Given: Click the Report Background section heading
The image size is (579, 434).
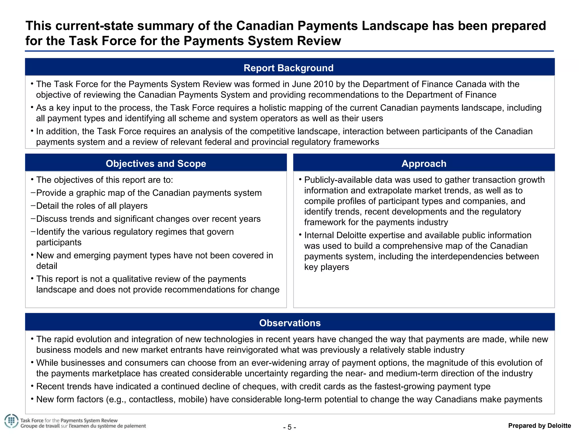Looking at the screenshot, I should tap(288, 68).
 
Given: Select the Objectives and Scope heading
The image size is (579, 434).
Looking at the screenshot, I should tap(156, 164).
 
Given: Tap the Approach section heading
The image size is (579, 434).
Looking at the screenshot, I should tap(424, 164).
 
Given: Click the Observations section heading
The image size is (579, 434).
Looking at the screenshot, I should tap(290, 323).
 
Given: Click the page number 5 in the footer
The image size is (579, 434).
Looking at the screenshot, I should tap(289, 427).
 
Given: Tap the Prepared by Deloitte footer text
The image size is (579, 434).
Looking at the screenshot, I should tap(539, 426).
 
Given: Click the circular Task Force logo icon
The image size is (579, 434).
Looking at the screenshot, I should tap(11, 421).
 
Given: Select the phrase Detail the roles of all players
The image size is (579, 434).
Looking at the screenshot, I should tap(92, 206).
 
